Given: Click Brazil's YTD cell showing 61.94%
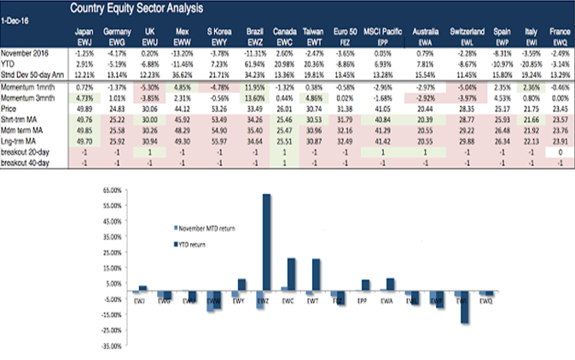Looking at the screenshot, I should [x=253, y=65].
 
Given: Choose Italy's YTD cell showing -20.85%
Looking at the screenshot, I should [x=531, y=65].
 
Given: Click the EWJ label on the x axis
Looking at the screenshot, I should [x=140, y=301].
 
